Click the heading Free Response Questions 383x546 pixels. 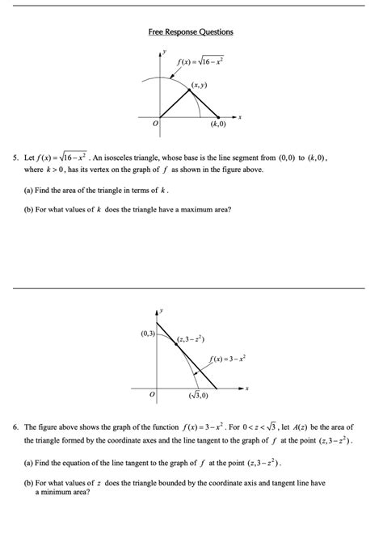coord(191,31)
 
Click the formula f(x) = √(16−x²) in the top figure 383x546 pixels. coord(200,61)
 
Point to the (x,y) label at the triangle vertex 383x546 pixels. coord(200,84)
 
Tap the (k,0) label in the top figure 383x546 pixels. coord(218,125)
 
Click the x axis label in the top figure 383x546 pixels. coord(240,118)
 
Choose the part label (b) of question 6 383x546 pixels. coord(30,482)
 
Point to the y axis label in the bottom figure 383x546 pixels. coord(161,308)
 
